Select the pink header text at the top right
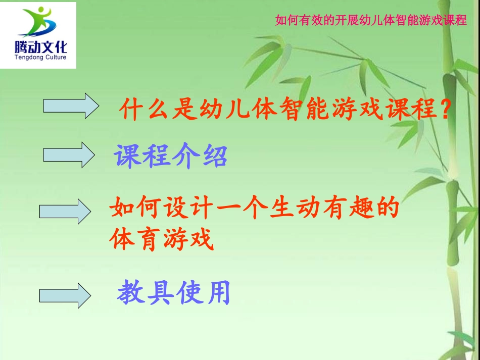coord(371,21)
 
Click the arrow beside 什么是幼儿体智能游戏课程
coord(71,106)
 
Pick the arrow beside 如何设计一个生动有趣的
coord(65,211)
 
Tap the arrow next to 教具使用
coord(65,295)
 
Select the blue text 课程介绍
coord(170,157)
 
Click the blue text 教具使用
coord(173,293)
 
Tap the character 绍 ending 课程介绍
coord(214,157)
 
